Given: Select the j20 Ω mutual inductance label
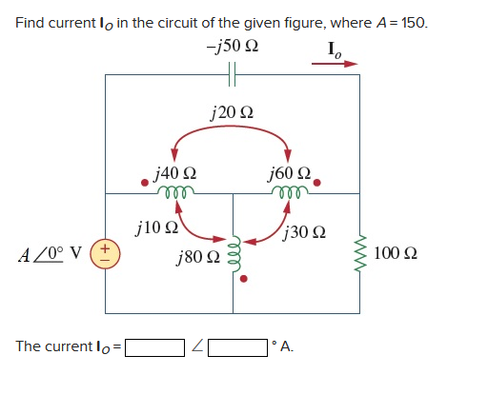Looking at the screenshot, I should pyautogui.click(x=233, y=115).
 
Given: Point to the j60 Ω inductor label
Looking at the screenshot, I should pyautogui.click(x=291, y=174).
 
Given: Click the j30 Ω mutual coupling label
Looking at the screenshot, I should pyautogui.click(x=306, y=231).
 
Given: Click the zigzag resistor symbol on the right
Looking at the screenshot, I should pyautogui.click(x=360, y=253).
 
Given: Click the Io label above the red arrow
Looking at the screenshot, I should pyautogui.click(x=336, y=49).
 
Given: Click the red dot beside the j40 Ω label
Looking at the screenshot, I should pyautogui.click(x=144, y=180).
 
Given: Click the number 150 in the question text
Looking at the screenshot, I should pyautogui.click(x=413, y=22).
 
